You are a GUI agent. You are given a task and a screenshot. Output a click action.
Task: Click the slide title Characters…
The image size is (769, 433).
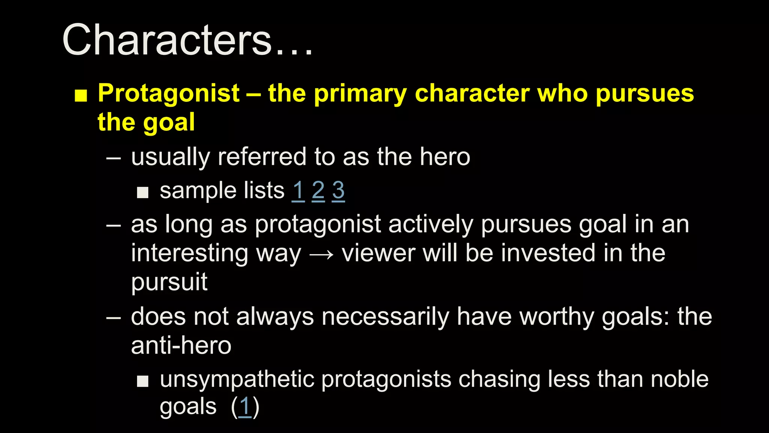coord(187,40)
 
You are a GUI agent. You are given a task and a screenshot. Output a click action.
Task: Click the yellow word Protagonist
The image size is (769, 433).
coord(169,93)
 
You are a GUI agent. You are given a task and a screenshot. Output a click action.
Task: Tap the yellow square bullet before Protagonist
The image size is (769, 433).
coord(81,95)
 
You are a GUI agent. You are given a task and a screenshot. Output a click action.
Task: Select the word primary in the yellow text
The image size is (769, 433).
coord(360,94)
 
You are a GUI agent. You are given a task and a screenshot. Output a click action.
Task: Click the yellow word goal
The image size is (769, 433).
coord(169,123)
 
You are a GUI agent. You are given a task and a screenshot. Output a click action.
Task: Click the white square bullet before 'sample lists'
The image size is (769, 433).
coord(143,193)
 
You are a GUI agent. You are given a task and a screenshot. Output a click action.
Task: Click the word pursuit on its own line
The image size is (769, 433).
coord(169,282)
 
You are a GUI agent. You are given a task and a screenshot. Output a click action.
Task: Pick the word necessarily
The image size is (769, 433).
coord(385,316)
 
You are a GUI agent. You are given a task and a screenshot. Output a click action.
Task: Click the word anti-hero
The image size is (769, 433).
coord(181,345)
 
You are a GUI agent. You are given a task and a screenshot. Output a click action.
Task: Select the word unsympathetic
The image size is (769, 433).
coord(237,379)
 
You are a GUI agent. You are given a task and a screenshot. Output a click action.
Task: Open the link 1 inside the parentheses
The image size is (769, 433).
coord(245,407)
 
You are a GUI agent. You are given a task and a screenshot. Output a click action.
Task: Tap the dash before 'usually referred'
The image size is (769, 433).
coord(113,158)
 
